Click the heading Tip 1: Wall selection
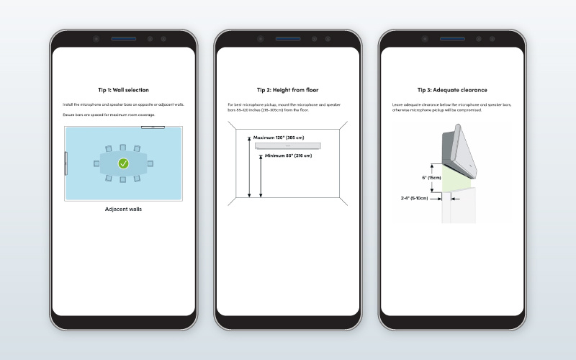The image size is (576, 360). (123, 90)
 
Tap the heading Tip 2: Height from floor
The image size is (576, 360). (287, 90)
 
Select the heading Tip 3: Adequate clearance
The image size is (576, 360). (452, 90)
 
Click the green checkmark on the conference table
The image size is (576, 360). (124, 164)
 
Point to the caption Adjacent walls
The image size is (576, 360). (123, 209)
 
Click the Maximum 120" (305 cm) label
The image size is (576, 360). (279, 138)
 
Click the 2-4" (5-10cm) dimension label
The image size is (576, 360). (415, 197)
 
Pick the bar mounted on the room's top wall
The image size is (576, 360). (153, 127)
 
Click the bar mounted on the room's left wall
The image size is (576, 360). (66, 163)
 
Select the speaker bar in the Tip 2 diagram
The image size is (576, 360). (288, 146)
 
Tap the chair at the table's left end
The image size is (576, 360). (96, 164)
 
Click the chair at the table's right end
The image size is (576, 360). (151, 164)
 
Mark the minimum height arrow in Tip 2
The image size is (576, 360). (261, 176)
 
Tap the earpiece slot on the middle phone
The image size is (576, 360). (288, 38)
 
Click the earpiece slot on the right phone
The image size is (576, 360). (452, 38)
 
